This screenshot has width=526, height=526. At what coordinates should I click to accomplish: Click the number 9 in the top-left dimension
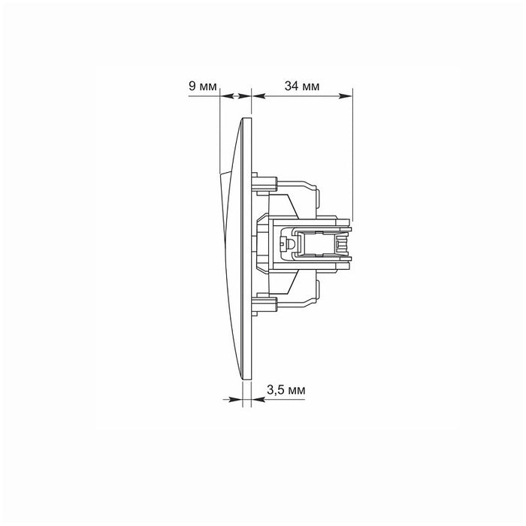click(192, 86)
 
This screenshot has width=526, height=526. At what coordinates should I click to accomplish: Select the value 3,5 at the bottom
click(275, 389)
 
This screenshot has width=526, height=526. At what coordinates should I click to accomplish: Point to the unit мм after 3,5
click(297, 389)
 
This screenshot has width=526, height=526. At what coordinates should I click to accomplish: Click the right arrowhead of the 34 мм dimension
click(347, 96)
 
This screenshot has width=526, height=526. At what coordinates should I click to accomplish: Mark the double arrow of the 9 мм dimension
click(236, 96)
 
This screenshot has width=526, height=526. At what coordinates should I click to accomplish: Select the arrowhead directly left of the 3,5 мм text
click(254, 400)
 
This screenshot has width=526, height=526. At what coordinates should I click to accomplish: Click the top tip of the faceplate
click(247, 118)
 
